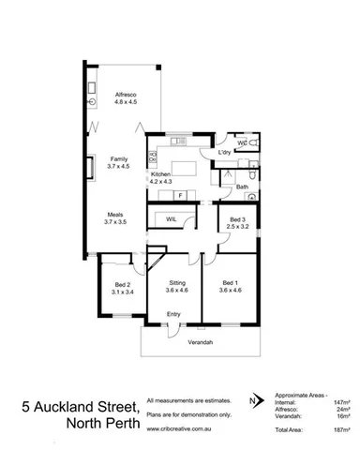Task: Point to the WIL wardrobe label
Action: [172, 218]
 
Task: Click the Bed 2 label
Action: [122, 286]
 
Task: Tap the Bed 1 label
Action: [230, 285]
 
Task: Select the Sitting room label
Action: [177, 285]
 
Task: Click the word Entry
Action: [174, 313]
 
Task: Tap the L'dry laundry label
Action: [224, 152]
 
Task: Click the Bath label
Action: [242, 187]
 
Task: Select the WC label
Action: [241, 142]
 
